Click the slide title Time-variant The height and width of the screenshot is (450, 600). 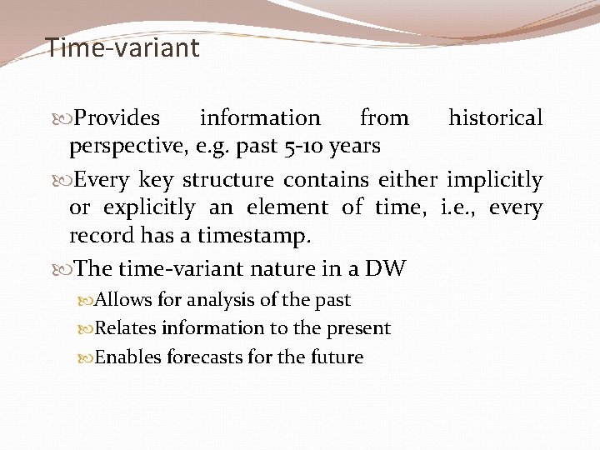(x=122, y=47)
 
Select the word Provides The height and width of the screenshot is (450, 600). (x=117, y=118)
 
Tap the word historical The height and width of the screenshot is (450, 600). (x=495, y=118)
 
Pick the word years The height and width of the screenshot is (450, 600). (x=355, y=147)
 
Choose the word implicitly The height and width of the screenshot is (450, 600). (x=495, y=180)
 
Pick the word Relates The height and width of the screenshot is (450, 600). (x=126, y=328)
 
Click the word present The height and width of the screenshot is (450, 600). (x=361, y=328)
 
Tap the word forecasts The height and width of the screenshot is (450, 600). (x=201, y=357)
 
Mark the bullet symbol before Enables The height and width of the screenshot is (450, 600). (x=87, y=357)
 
